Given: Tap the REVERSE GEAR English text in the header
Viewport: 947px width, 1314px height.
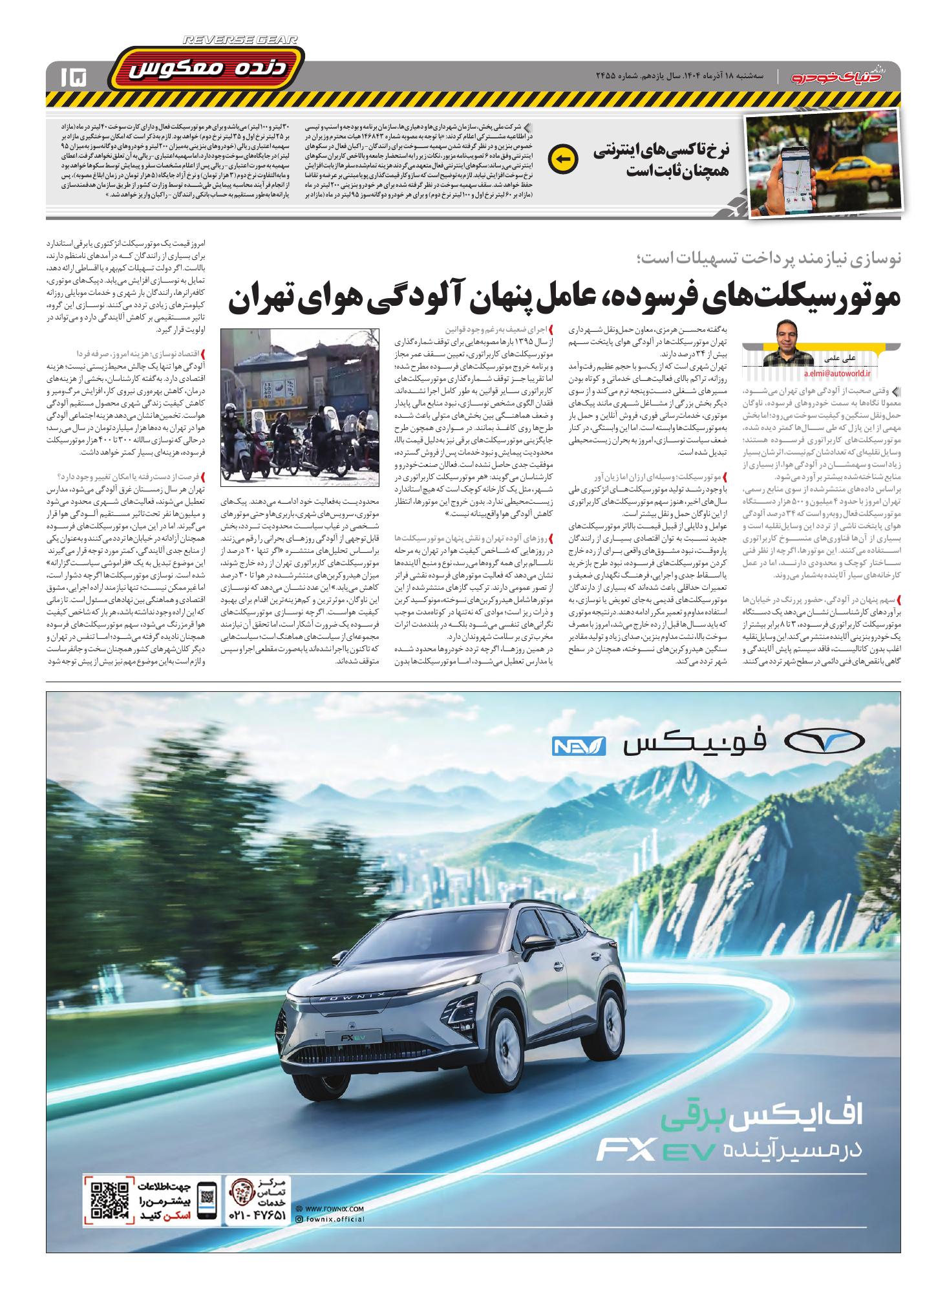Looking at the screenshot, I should (x=241, y=40).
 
